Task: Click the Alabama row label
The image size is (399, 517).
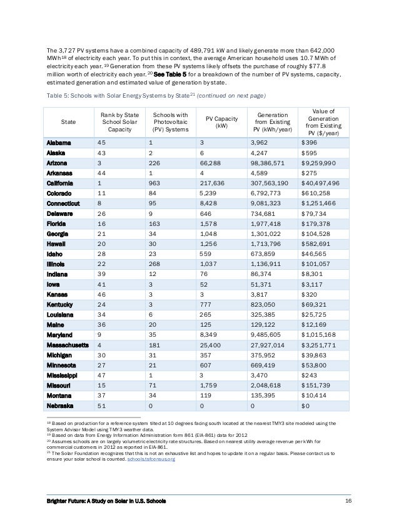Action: click(61, 143)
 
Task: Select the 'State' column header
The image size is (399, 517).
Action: click(66, 121)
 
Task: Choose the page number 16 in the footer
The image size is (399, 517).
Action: click(348, 502)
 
